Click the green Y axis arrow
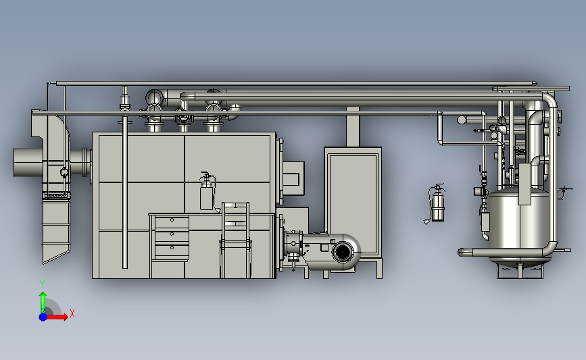pos(43,302)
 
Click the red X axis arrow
pos(57,317)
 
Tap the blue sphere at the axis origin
pos(43,317)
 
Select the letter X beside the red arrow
pos(72,313)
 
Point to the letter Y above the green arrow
pos(42,284)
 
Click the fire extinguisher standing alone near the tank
pos(437,203)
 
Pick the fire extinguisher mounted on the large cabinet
pos(207,192)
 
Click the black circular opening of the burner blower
pos(342,252)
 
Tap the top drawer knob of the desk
pos(172,220)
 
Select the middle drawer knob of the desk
pos(172,234)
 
